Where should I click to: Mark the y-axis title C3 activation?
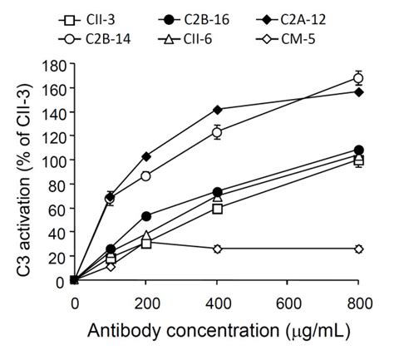18,170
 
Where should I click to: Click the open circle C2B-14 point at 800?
358,78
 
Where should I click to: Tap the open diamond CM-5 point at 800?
358,249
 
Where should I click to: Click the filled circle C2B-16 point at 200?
146,216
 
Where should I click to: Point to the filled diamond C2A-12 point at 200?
146,156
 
